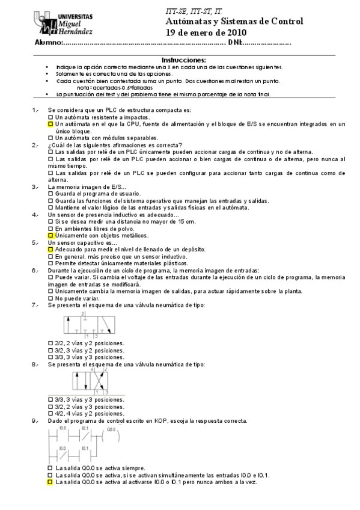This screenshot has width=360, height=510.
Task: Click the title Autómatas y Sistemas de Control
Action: [x=234, y=22]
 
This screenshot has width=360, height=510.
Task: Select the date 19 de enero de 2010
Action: [x=206, y=32]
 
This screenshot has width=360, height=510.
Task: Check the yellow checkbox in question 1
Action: [x=50, y=124]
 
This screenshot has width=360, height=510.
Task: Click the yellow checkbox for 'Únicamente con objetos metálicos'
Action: [x=50, y=236]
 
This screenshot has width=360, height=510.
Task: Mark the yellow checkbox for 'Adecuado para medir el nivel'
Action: [x=50, y=249]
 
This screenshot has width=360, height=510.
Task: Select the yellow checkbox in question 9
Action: [x=50, y=482]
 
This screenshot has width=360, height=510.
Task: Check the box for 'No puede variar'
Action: [x=50, y=298]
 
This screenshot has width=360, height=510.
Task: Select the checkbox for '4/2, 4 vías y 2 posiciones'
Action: [x=50, y=414]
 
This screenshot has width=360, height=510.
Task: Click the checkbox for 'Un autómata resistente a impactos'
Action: [x=50, y=117]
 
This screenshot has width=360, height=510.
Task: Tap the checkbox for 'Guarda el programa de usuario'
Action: [x=50, y=194]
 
